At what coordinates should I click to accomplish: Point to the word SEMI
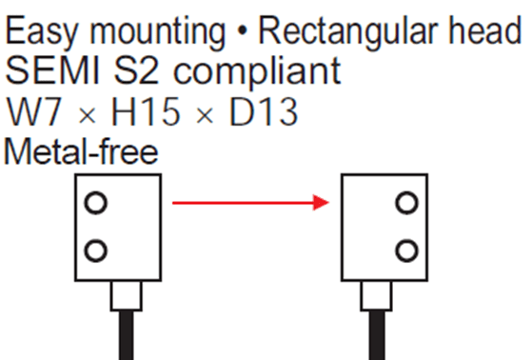[52, 70]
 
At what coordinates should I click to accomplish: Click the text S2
[136, 70]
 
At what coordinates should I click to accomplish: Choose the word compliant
[257, 73]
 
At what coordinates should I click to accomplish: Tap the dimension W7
[34, 111]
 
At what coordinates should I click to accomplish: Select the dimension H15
[146, 111]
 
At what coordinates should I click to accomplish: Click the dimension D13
[264, 111]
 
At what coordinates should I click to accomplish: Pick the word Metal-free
[81, 151]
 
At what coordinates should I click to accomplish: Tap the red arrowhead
[321, 203]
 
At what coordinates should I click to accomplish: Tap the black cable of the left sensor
[127, 335]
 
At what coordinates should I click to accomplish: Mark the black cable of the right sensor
[377, 335]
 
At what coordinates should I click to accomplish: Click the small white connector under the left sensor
[127, 295]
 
